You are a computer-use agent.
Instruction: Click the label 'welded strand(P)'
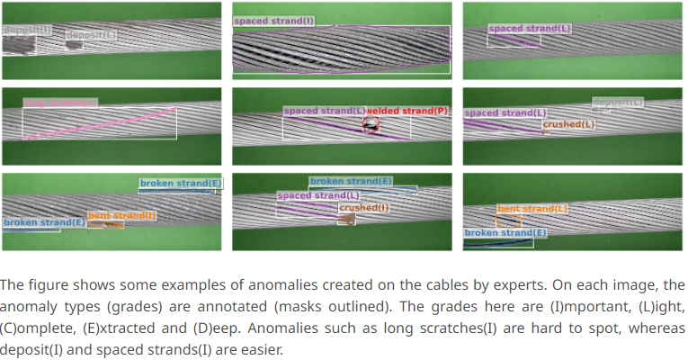[x=407, y=111]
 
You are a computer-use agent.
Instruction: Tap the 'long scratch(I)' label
[x=60, y=103]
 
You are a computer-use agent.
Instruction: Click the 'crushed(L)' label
[x=568, y=124]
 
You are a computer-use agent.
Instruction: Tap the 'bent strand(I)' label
[x=122, y=215]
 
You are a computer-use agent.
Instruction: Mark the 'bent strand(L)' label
[x=532, y=208]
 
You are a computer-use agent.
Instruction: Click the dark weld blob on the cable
[x=371, y=127]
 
